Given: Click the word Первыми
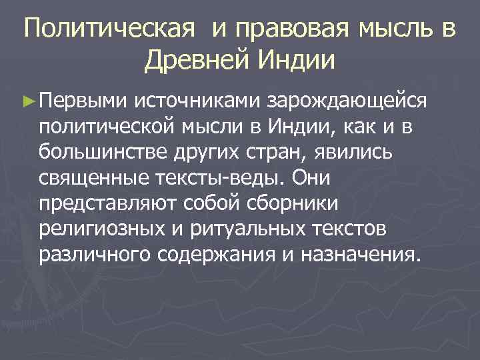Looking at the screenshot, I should pyautogui.click(x=81, y=101).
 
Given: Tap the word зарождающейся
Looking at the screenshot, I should pyautogui.click(x=347, y=101).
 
